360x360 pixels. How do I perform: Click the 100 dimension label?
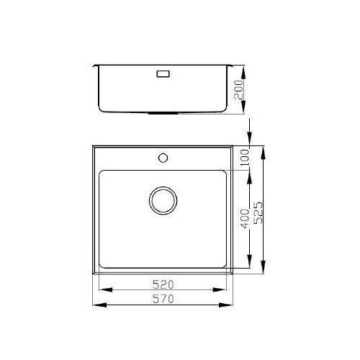click(244, 156)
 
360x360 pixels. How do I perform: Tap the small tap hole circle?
click(163, 156)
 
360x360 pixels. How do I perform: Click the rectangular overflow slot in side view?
click(163, 73)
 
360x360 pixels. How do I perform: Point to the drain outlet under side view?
click(163, 114)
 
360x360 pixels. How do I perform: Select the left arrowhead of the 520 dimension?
click(101, 290)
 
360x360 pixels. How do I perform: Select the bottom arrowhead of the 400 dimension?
click(250, 264)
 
